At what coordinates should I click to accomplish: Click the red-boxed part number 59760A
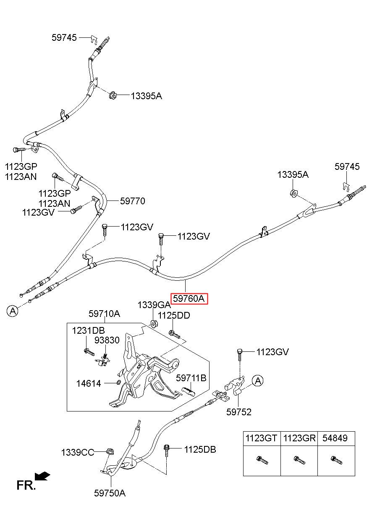pyautogui.click(x=189, y=298)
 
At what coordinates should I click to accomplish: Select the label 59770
pyautogui.click(x=133, y=201)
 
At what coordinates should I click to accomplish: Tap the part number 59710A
pyautogui.click(x=104, y=314)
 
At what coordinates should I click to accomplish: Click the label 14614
pyautogui.click(x=89, y=384)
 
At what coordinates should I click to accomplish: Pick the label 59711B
pyautogui.click(x=191, y=378)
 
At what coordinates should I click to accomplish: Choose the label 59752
pyautogui.click(x=239, y=412)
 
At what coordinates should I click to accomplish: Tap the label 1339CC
pyautogui.click(x=78, y=453)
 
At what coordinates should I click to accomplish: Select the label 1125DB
pyautogui.click(x=200, y=449)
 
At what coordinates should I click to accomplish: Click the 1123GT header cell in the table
pyautogui.click(x=262, y=438)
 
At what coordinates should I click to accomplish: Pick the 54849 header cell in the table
pyautogui.click(x=336, y=438)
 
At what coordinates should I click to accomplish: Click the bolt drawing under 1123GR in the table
pyautogui.click(x=300, y=460)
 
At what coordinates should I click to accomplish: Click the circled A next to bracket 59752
pyautogui.click(x=258, y=381)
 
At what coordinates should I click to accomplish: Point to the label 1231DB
pyautogui.click(x=88, y=331)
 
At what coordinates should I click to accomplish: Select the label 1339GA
pyautogui.click(x=154, y=305)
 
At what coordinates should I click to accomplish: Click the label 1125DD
pyautogui.click(x=174, y=315)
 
